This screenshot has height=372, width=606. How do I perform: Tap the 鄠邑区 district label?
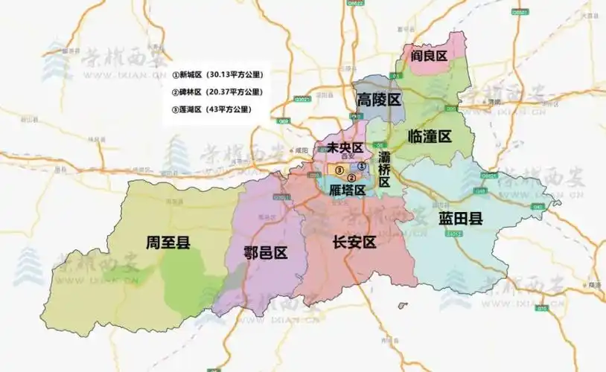[266, 252]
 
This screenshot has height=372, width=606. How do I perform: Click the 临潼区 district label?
[430, 136]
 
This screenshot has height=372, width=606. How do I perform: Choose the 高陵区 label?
[379, 100]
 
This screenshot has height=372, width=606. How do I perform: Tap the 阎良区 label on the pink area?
[430, 57]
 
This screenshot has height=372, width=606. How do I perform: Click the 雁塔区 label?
[347, 190]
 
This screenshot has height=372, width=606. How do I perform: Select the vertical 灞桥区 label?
[384, 170]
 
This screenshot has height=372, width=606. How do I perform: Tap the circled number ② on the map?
[352, 177]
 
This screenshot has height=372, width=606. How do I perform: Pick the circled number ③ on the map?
[339, 170]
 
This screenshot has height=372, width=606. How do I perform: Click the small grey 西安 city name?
[345, 156]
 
